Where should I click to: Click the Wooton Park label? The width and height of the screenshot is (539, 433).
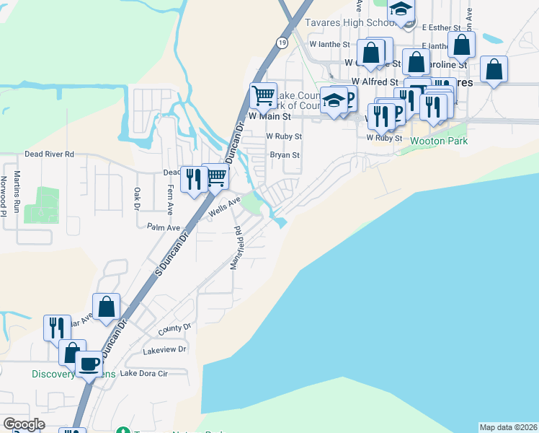tap(439, 141)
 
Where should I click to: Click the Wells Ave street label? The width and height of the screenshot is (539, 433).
tap(224, 207)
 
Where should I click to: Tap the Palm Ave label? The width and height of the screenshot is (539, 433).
tap(163, 227)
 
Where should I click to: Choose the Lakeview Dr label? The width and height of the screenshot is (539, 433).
tap(164, 349)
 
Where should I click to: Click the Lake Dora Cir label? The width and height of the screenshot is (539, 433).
tap(143, 373)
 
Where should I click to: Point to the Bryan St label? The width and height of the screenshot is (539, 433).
tap(284, 155)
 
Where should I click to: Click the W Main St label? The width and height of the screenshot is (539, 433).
tap(269, 115)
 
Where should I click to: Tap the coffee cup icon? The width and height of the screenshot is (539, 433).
tap(89, 364)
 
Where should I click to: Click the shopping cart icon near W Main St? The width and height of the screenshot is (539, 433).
tap(263, 95)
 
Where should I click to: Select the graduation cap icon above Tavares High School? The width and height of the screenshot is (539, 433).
tap(401, 10)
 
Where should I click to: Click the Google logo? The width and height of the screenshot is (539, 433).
tap(24, 424)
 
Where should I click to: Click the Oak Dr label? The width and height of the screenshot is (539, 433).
tap(136, 199)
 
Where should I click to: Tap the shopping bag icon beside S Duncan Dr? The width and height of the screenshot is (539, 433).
tap(107, 307)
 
